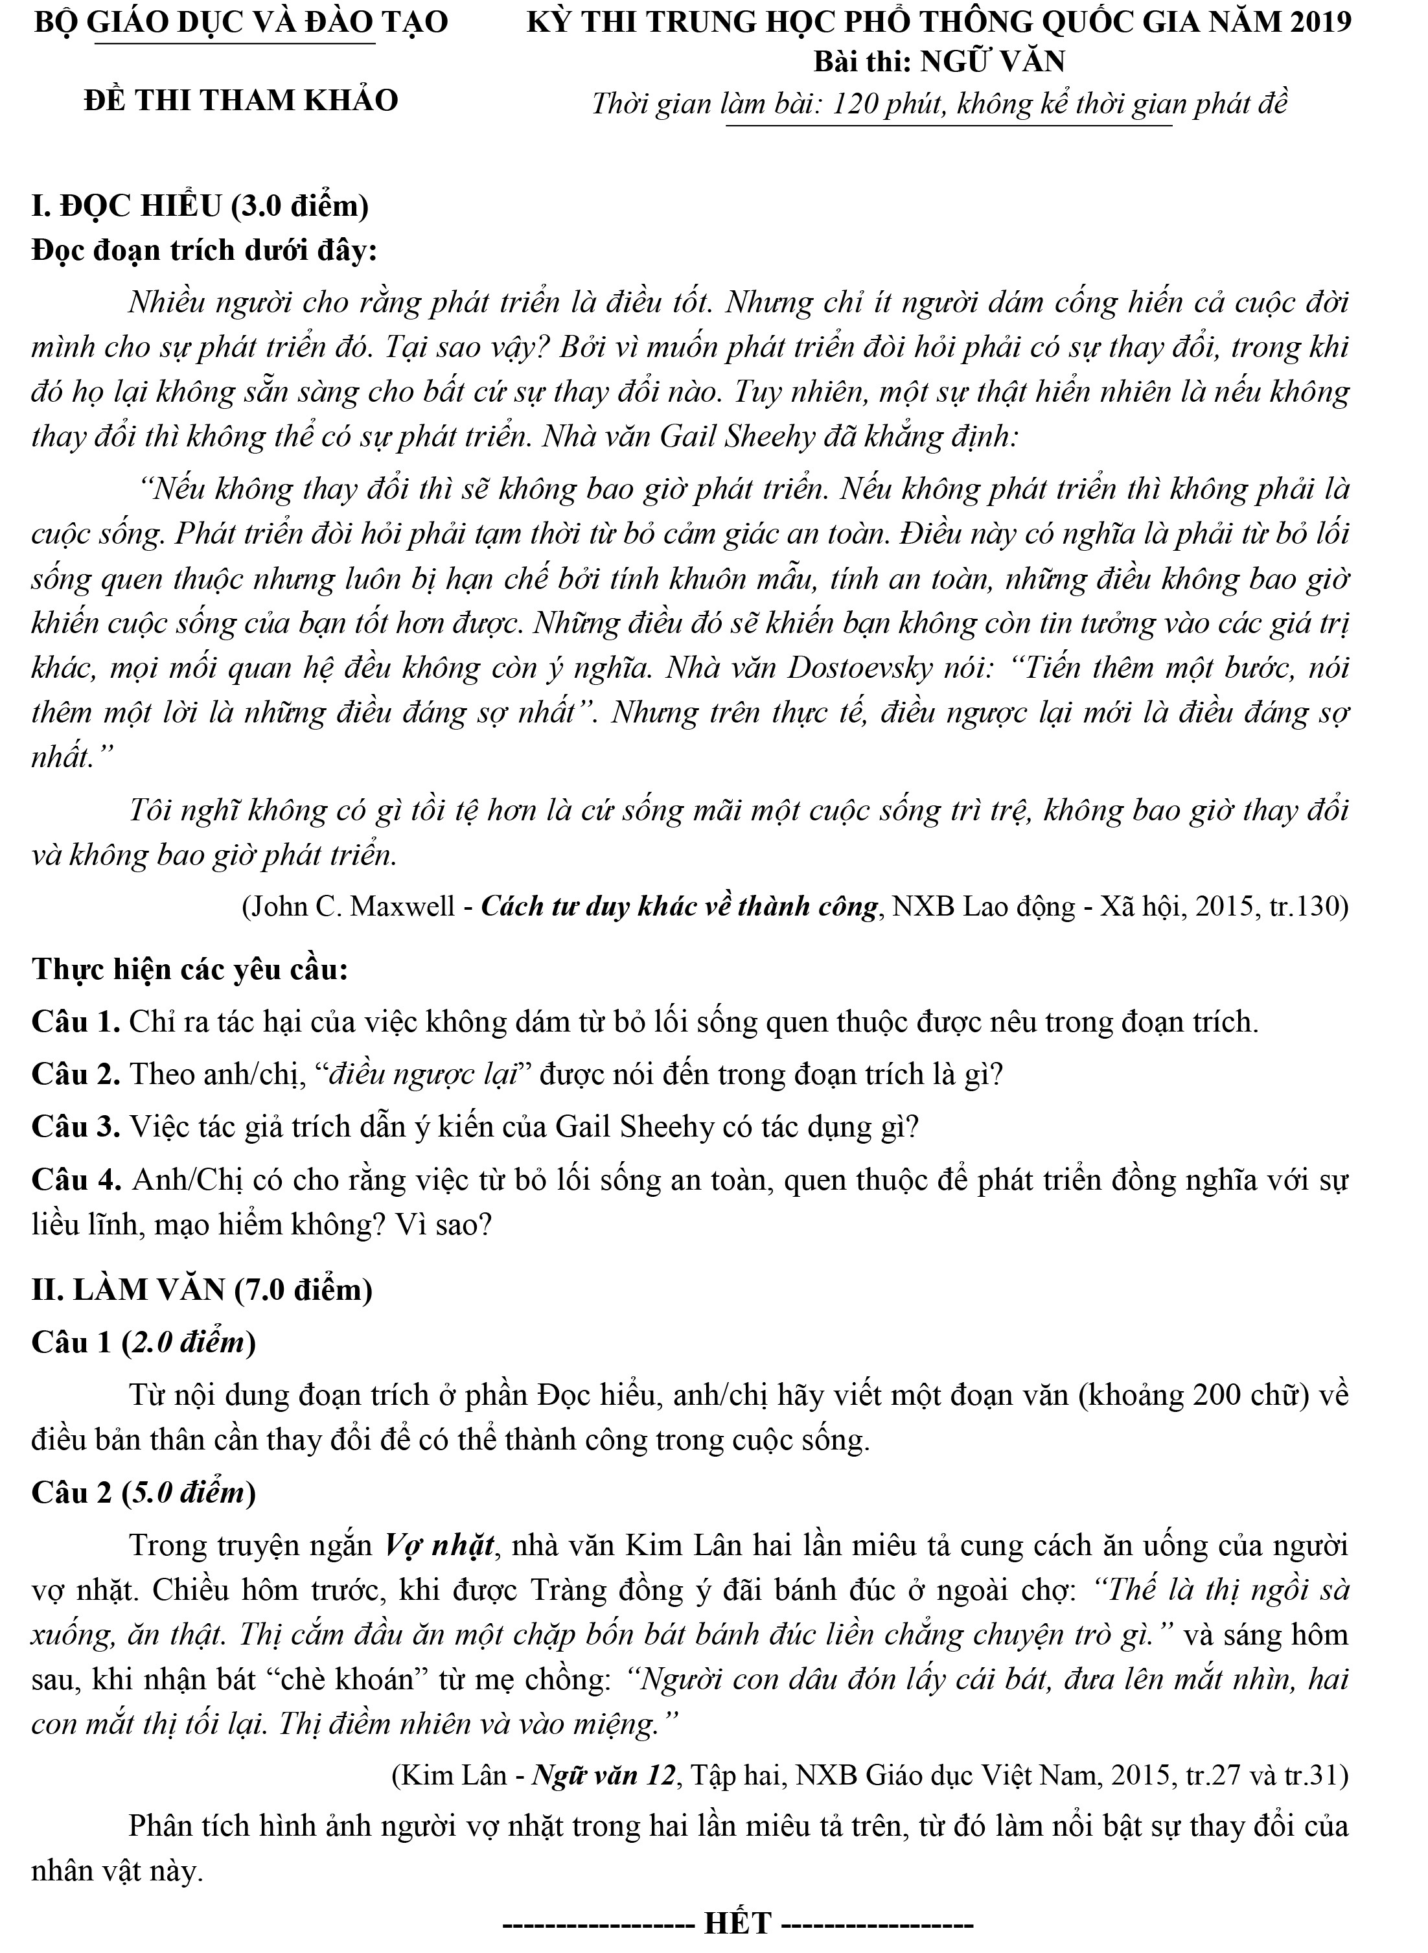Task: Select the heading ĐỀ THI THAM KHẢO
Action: pos(241,100)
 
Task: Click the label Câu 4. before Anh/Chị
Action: pos(76,1179)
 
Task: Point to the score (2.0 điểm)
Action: pos(189,1342)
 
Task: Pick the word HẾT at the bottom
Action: pos(737,1923)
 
